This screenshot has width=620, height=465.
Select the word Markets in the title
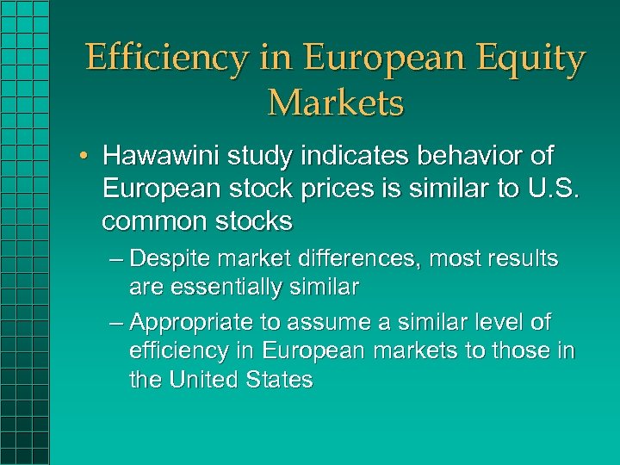(x=335, y=102)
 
